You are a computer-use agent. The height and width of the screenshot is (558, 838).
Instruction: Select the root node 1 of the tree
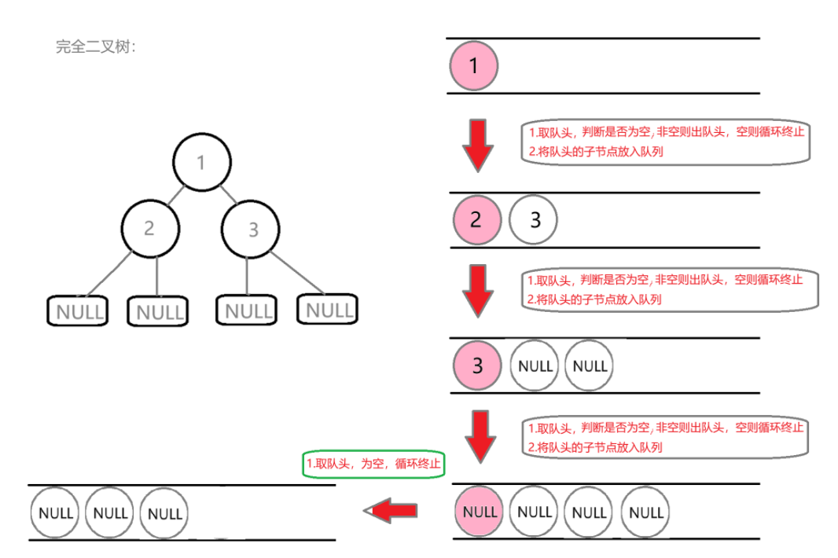pyautogui.click(x=201, y=163)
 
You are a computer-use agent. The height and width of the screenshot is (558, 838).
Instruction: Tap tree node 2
pyautogui.click(x=150, y=229)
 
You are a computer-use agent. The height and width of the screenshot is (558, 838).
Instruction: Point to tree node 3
pyautogui.click(x=252, y=229)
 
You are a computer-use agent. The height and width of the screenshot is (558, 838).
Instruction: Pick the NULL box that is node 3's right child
pyautogui.click(x=327, y=309)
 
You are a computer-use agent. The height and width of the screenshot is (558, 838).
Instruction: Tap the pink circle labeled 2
pyautogui.click(x=476, y=219)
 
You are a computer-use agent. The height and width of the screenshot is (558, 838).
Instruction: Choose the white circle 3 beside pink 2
pyautogui.click(x=534, y=219)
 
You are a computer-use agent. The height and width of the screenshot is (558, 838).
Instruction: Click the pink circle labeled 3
pyautogui.click(x=477, y=365)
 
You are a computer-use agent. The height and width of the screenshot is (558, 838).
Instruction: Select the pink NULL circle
pyautogui.click(x=479, y=512)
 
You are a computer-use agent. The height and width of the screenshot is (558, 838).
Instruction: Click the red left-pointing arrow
pyautogui.click(x=391, y=511)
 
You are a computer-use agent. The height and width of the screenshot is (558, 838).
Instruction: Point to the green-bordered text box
pyautogui.click(x=373, y=464)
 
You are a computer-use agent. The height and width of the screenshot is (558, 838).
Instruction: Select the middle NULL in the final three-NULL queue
pyautogui.click(x=109, y=512)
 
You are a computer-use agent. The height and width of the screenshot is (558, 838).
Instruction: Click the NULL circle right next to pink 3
pyautogui.click(x=535, y=366)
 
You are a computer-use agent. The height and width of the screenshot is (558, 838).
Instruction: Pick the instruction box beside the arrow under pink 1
pyautogui.click(x=665, y=142)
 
